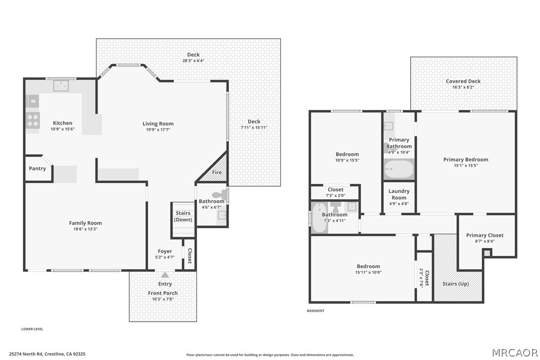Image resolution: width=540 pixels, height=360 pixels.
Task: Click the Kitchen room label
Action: coord(62,123)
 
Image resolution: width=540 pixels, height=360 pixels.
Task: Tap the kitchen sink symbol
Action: coord(61,86)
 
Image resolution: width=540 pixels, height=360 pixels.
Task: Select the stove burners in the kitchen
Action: coord(33,120)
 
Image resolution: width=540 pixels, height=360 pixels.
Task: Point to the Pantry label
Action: coord(37,169)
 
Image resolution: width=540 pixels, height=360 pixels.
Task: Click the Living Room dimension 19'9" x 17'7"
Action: coord(158,130)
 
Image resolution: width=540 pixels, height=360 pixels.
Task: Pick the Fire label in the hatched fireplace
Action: coord(217,172)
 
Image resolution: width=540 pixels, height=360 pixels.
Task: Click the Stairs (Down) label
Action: coord(183,216)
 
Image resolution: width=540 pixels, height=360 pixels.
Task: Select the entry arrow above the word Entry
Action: coord(165,275)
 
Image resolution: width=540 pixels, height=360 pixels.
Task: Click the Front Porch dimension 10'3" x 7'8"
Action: coord(163,299)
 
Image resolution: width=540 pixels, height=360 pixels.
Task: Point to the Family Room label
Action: coord(86,223)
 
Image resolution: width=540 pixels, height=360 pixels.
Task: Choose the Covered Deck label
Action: coord(463,82)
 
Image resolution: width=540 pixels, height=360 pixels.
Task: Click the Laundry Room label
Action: coord(399,194)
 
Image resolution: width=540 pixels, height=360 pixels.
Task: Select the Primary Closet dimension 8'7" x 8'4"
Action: coord(484,241)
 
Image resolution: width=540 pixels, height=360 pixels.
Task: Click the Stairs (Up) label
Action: coord(455,284)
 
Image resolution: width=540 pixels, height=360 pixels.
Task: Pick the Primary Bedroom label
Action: coord(465,160)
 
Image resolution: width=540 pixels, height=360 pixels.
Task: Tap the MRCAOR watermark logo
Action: coord(515,353)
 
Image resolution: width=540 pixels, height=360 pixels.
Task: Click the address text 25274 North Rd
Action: coord(26,354)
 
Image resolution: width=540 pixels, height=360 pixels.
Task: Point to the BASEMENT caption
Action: coord(315,311)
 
